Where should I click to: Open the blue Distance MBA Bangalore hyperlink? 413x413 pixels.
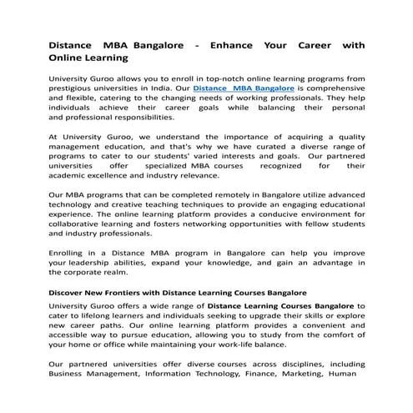[243, 87]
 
